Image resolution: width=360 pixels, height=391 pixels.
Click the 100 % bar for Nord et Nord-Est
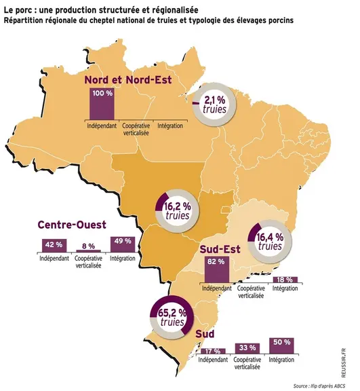[102, 104]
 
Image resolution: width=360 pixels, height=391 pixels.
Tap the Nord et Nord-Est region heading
[128, 80]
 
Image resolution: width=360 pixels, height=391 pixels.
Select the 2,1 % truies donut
[214, 105]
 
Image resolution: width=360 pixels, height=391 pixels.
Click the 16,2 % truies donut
[177, 211]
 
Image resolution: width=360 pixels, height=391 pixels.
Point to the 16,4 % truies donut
[270, 242]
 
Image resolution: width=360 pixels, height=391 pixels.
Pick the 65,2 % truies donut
[172, 317]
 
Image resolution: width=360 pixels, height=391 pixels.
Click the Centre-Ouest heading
[72, 225]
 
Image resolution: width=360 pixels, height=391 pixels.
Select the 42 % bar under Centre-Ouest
[54, 246]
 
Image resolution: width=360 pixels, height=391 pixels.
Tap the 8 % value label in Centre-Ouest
[88, 246]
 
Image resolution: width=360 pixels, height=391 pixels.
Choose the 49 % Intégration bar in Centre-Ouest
[123, 244]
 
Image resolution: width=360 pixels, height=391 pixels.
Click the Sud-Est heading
[220, 249]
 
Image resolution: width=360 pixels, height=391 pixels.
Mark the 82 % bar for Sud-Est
[216, 269]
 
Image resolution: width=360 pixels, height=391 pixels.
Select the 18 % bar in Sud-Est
[285, 280]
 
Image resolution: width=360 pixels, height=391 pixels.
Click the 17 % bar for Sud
[213, 351]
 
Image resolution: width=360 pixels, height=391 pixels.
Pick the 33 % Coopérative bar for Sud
[247, 349]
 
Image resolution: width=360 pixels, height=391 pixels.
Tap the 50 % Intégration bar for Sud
[282, 346]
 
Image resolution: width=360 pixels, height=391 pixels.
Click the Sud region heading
[205, 334]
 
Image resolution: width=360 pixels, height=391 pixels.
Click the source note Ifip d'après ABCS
[319, 386]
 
